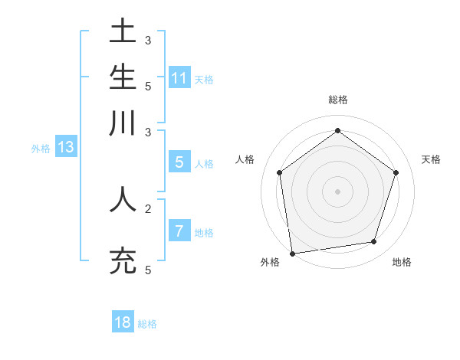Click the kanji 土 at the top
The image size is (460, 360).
click(123, 33)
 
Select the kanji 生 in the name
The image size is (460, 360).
click(123, 77)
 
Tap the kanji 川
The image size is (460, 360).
click(123, 123)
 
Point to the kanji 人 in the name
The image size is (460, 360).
click(123, 198)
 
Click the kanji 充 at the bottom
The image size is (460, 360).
click(123, 260)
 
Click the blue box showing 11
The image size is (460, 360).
click(179, 77)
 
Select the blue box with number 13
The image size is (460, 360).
click(65, 147)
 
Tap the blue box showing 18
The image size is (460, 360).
click(123, 322)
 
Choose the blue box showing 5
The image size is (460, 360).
click(179, 162)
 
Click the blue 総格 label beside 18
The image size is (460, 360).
click(147, 324)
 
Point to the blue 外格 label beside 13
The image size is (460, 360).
click(41, 149)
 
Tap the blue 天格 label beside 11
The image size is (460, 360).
click(204, 79)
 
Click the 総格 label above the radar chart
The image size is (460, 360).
click(337, 100)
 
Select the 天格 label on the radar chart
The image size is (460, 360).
click(431, 159)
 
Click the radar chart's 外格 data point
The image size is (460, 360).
click(292, 253)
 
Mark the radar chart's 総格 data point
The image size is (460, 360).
click(337, 131)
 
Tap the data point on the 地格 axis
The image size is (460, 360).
click(373, 242)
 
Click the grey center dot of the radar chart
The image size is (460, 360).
click(337, 191)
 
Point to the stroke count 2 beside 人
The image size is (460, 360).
click(147, 208)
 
